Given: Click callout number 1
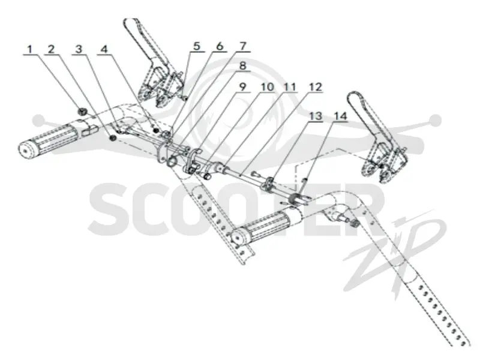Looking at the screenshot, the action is click(x=29, y=49).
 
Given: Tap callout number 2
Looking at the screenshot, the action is click(x=51, y=49).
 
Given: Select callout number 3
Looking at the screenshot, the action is click(x=79, y=49).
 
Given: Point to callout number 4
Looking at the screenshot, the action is click(x=104, y=49).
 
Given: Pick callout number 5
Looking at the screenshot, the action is click(x=197, y=46).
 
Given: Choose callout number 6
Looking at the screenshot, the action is click(x=220, y=46).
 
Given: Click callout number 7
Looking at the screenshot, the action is click(x=242, y=46).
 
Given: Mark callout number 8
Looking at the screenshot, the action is click(x=242, y=65).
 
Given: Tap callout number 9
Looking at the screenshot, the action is click(x=242, y=86).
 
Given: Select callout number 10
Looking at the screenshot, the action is click(x=267, y=86).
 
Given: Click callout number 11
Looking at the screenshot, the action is click(x=290, y=86).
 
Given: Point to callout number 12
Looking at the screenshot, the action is click(x=316, y=86).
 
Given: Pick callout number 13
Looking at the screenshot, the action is click(x=316, y=116).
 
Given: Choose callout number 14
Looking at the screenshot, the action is click(x=340, y=116).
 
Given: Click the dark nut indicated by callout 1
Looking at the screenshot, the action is click(x=82, y=112).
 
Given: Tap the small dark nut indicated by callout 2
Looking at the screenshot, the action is click(x=113, y=139).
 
